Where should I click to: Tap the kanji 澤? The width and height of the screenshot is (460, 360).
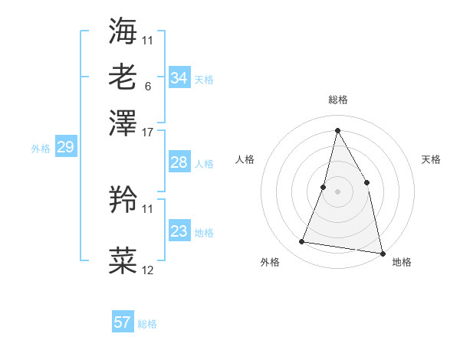point(123,123)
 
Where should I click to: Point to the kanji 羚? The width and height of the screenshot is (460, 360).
point(123,200)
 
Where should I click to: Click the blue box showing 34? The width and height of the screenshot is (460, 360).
point(179,78)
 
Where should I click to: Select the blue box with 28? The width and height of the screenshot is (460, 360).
point(179,162)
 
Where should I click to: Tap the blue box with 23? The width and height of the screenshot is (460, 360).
point(179,231)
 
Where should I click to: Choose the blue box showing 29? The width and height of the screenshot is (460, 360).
point(65,148)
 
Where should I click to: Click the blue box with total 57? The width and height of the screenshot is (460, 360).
point(123,322)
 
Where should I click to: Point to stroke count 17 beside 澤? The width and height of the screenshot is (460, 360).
point(147,132)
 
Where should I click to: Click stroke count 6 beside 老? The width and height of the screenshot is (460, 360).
point(147,86)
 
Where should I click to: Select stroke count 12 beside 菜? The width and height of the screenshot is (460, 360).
point(147,270)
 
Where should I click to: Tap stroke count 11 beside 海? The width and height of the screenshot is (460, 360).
point(147,40)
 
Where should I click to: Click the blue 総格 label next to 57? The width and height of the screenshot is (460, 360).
point(147,324)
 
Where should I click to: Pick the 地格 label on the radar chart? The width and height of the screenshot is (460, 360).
point(402,262)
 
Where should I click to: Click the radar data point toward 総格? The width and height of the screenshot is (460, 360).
point(337,129)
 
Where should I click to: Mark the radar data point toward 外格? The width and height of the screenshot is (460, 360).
point(302,242)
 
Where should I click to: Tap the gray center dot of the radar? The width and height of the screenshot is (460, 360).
point(337,191)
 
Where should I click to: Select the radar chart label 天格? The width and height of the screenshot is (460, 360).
point(431,159)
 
